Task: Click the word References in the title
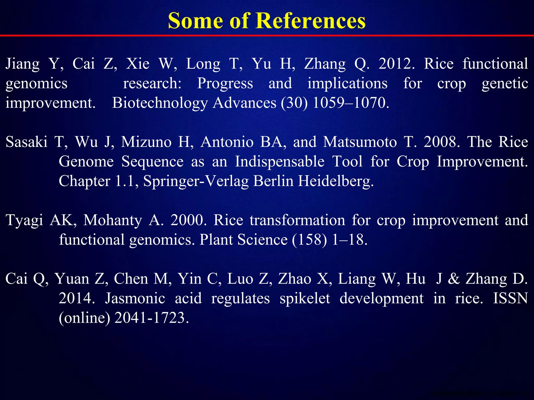pos(311,21)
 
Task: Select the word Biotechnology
pos(160,103)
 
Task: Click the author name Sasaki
pos(27,142)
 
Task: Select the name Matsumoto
pos(360,142)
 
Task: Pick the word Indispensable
pos(280,162)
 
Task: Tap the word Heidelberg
pos(336,181)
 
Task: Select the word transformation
pos(297,220)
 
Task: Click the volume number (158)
pos(309,240)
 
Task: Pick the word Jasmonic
pos(135,298)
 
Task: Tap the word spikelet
pos(305,298)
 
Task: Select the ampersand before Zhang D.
pos(454,279)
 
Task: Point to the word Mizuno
pos(146,142)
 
